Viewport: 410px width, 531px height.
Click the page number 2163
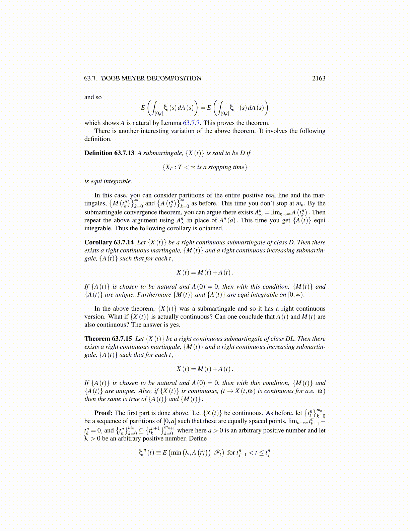click(319, 78)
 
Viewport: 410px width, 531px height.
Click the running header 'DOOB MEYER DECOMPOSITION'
click(151, 78)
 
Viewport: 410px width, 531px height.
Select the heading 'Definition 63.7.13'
click(109, 153)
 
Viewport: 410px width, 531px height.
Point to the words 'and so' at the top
click(93, 97)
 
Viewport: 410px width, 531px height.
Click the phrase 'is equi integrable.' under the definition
click(108, 181)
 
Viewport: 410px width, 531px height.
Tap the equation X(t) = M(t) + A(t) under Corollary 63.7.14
click(205, 273)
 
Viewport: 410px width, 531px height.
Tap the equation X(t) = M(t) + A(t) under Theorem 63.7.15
click(205, 369)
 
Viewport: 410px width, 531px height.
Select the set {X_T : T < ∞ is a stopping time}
click(205, 167)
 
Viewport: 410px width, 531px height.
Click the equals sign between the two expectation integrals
click(203, 108)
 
